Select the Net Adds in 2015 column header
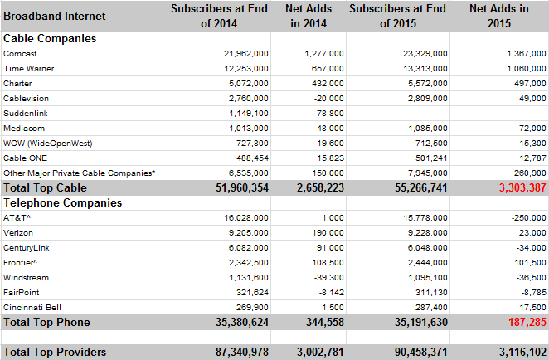click(499, 16)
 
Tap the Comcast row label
click(20, 54)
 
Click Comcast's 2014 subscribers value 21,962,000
click(245, 54)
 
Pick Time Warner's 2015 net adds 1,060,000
click(527, 69)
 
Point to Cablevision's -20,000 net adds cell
click(328, 99)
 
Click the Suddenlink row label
click(26, 114)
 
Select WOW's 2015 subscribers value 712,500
click(427, 144)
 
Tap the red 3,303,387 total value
click(522, 187)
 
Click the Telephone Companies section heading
click(63, 202)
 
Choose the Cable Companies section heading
click(50, 38)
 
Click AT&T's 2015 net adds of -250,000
click(529, 218)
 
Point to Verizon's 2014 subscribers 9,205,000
click(249, 233)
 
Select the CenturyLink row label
click(27, 248)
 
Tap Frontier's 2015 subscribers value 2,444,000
click(427, 263)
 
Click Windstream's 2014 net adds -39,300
click(328, 278)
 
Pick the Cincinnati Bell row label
click(32, 308)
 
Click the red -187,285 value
click(526, 322)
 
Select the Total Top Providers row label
click(55, 352)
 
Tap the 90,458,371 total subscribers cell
click(421, 352)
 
